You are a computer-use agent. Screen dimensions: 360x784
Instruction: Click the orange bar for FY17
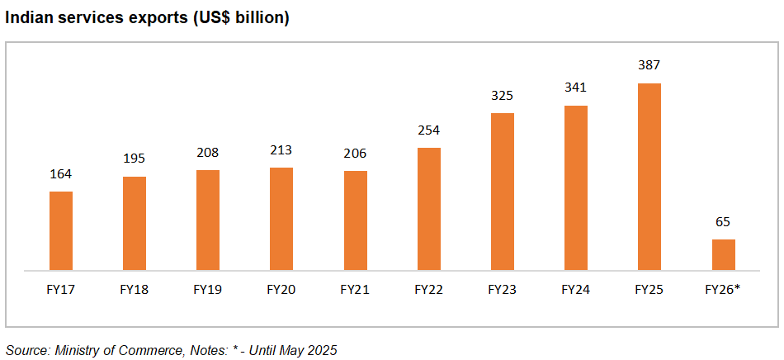61,230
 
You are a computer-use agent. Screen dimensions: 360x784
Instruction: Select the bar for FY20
281,219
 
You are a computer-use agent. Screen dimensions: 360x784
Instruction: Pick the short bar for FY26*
723,254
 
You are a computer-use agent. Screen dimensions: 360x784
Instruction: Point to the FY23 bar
503,191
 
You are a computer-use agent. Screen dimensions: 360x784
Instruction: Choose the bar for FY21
355,220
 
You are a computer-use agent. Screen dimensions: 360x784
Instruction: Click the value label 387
649,65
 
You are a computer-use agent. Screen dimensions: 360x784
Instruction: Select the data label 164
61,174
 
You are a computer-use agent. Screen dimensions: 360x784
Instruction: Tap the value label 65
723,222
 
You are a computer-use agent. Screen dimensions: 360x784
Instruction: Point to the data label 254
429,130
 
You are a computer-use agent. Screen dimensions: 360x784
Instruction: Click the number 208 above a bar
208,153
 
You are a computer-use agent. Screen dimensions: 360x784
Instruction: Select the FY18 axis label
134,290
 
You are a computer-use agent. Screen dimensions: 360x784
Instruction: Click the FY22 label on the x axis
428,290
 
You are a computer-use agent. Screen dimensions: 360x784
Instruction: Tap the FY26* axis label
723,290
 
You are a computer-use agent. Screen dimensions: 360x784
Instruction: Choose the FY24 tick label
575,290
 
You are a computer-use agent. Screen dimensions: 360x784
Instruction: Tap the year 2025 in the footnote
320,350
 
